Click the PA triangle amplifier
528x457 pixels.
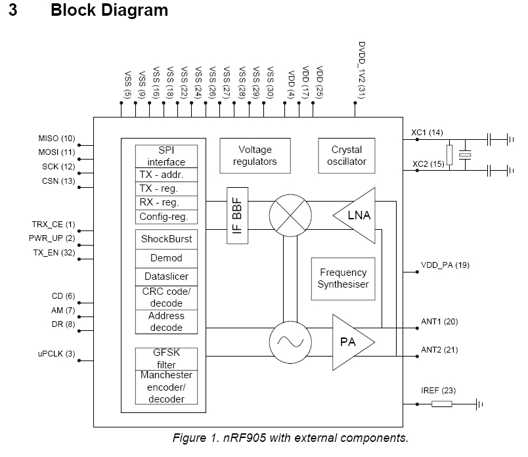351,342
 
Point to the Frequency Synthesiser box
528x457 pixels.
343,278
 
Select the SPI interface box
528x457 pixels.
167,156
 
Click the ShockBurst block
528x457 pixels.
167,239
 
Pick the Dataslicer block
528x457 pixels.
167,277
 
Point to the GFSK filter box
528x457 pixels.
167,359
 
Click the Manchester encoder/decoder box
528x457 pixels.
167,387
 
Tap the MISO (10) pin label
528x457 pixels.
57,139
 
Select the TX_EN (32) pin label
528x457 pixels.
54,252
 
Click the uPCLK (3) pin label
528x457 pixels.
56,355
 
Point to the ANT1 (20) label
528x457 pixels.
439,321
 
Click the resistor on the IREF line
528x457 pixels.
441,404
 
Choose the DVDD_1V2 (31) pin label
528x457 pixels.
361,71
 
